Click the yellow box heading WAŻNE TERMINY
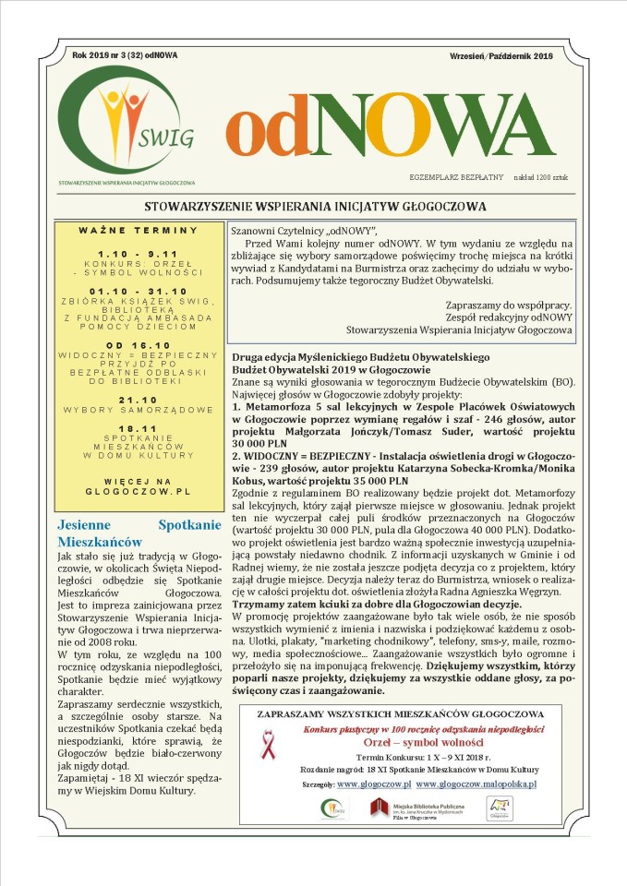click(139, 230)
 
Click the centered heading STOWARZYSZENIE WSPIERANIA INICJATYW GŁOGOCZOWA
click(315, 206)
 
